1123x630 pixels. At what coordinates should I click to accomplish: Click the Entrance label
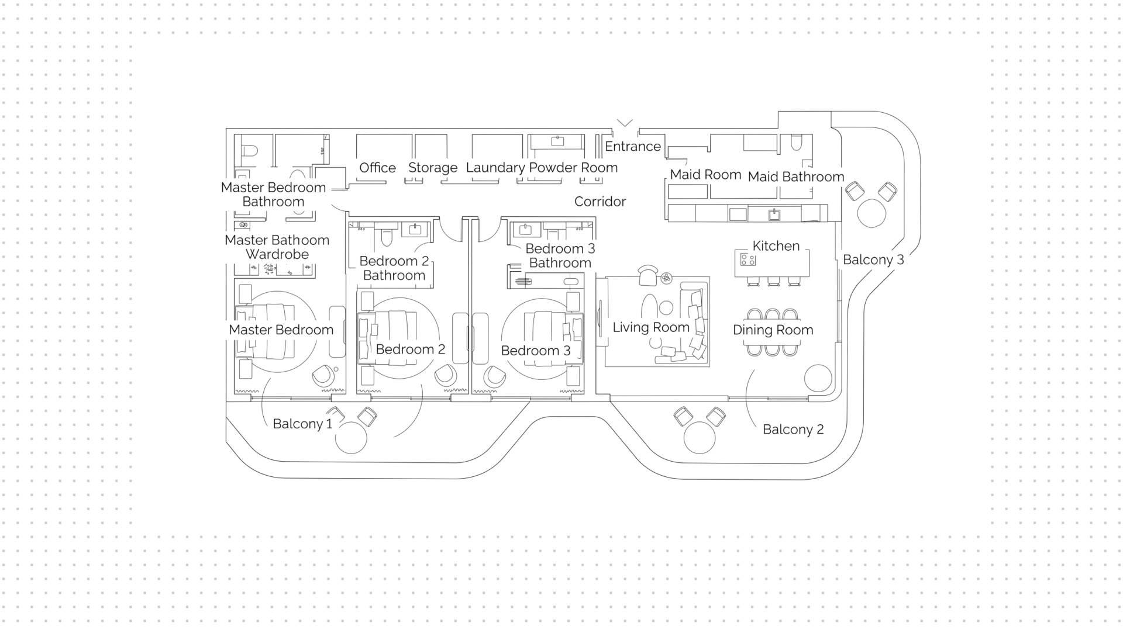point(632,146)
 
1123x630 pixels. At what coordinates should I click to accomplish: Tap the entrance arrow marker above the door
point(625,123)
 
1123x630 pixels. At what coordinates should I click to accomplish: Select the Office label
point(377,168)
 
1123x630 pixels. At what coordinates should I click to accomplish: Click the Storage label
point(433,168)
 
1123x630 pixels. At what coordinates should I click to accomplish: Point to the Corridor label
point(600,202)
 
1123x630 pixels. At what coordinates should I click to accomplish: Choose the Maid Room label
point(705,174)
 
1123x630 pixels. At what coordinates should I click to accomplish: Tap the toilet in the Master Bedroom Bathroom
point(250,150)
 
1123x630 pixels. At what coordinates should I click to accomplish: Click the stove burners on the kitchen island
point(748,259)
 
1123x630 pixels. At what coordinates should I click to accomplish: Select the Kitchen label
point(776,246)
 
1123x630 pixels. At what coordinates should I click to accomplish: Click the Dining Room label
point(773,330)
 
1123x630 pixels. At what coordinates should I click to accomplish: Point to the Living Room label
point(651,327)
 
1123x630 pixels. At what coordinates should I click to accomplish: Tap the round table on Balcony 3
point(871,213)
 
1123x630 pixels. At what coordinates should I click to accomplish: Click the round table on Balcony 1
point(351,438)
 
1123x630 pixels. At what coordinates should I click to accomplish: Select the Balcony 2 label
point(793,430)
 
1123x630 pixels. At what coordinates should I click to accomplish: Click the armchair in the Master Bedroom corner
point(323,376)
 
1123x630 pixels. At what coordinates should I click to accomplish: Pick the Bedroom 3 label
point(535,351)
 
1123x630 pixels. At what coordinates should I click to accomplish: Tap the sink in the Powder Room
point(557,141)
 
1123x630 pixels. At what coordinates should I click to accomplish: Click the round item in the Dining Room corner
point(818,378)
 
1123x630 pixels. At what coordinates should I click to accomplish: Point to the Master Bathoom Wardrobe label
point(277,247)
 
